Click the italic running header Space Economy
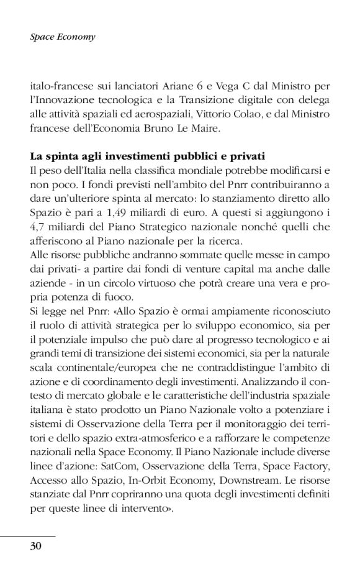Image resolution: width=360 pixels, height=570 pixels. coord(63,37)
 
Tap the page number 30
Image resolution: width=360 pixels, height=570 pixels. coord(35,546)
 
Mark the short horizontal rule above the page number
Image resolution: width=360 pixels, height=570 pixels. coord(28,536)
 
